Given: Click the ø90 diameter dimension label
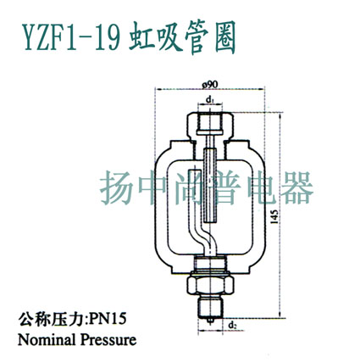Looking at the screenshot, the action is (x=209, y=84).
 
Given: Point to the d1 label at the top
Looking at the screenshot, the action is (x=209, y=100).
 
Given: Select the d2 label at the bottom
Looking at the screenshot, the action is (x=232, y=326).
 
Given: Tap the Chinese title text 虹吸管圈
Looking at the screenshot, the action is (x=182, y=37).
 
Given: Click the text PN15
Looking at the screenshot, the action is (x=108, y=320).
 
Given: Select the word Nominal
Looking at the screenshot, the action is (x=47, y=340).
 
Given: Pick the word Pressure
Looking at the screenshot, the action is (x=108, y=340).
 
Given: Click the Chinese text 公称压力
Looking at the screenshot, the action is (x=52, y=320).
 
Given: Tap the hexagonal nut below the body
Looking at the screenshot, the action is (x=211, y=285).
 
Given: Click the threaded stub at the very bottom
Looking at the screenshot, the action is (x=210, y=308).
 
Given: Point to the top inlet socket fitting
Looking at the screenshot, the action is (x=210, y=124).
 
